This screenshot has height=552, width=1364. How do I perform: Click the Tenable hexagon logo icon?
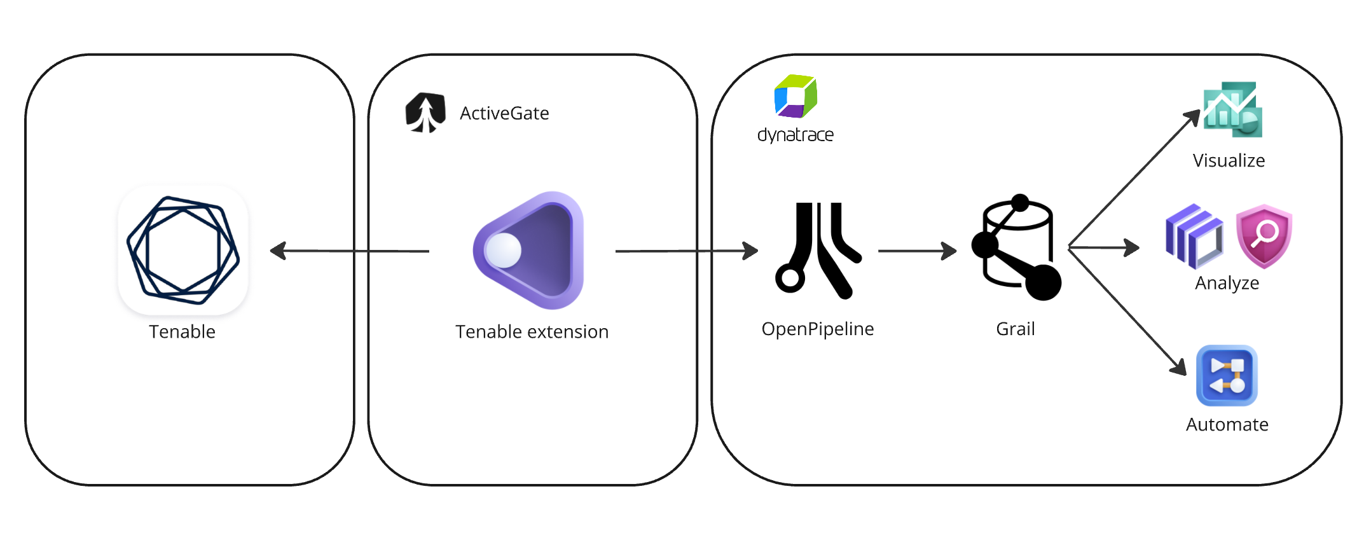click(183, 250)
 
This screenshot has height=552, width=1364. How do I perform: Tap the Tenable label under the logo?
click(182, 332)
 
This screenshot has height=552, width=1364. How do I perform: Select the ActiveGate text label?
click(504, 113)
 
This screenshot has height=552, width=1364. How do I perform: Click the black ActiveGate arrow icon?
click(425, 113)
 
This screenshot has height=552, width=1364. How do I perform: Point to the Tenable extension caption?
click(532, 332)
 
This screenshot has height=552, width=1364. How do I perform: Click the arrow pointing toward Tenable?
click(349, 251)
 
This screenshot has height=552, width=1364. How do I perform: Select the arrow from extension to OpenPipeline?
click(687, 251)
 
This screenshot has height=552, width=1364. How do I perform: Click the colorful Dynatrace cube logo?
click(796, 97)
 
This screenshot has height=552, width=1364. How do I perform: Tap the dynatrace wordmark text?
click(795, 135)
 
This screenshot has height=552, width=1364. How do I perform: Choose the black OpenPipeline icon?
click(818, 250)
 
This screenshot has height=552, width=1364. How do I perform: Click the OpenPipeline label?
click(817, 329)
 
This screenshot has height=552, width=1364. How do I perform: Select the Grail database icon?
click(1017, 248)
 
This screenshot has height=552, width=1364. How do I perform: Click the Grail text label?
click(1015, 329)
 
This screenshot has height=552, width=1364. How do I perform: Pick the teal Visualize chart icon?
click(1232, 109)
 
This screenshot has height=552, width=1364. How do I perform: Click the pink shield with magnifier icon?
click(1264, 235)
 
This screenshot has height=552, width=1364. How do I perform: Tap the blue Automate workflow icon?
click(1227, 375)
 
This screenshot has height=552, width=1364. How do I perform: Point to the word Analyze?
click(1227, 283)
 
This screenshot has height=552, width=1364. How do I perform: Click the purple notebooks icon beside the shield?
click(1194, 236)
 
